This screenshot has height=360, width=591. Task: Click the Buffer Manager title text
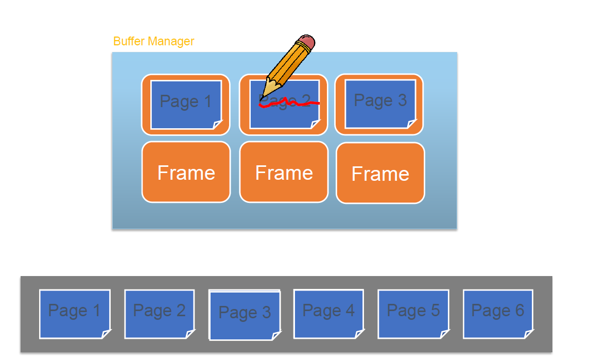pyautogui.click(x=153, y=41)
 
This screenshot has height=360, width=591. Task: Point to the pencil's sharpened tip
pyautogui.click(x=263, y=97)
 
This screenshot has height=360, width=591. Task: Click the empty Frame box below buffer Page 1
pyautogui.click(x=186, y=172)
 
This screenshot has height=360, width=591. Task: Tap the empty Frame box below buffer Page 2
pyautogui.click(x=284, y=172)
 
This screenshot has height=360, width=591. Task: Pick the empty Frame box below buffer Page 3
pyautogui.click(x=380, y=173)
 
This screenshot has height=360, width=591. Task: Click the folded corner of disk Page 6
pyautogui.click(x=528, y=334)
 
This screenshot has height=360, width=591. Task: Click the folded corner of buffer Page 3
pyautogui.click(x=411, y=124)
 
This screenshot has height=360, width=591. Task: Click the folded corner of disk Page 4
pyautogui.click(x=358, y=334)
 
